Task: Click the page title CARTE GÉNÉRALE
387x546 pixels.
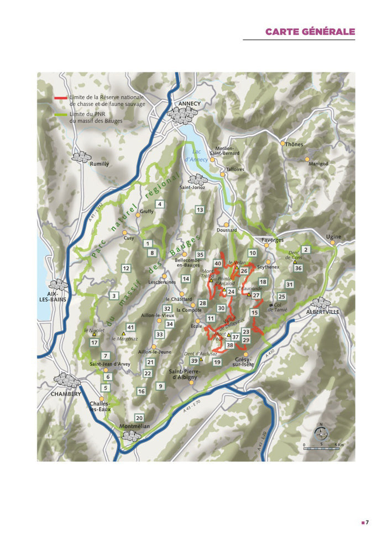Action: click(x=310, y=32)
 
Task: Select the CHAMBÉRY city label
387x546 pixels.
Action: click(x=66, y=394)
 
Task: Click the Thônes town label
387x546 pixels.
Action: click(x=294, y=144)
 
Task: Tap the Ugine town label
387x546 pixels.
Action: click(x=333, y=237)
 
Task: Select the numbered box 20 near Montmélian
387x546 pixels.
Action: click(x=139, y=418)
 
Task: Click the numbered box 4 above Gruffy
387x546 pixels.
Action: click(x=160, y=204)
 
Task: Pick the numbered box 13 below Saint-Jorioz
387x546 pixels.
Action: click(x=200, y=209)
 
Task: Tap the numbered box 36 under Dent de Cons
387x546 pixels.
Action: click(x=299, y=268)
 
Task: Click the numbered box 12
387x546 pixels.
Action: click(x=126, y=268)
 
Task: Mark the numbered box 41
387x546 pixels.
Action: click(x=130, y=327)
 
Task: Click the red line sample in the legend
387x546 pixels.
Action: click(x=61, y=97)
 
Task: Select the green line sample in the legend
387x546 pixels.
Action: click(x=61, y=114)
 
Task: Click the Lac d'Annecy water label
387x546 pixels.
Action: click(x=200, y=155)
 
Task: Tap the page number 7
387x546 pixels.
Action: click(x=367, y=522)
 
